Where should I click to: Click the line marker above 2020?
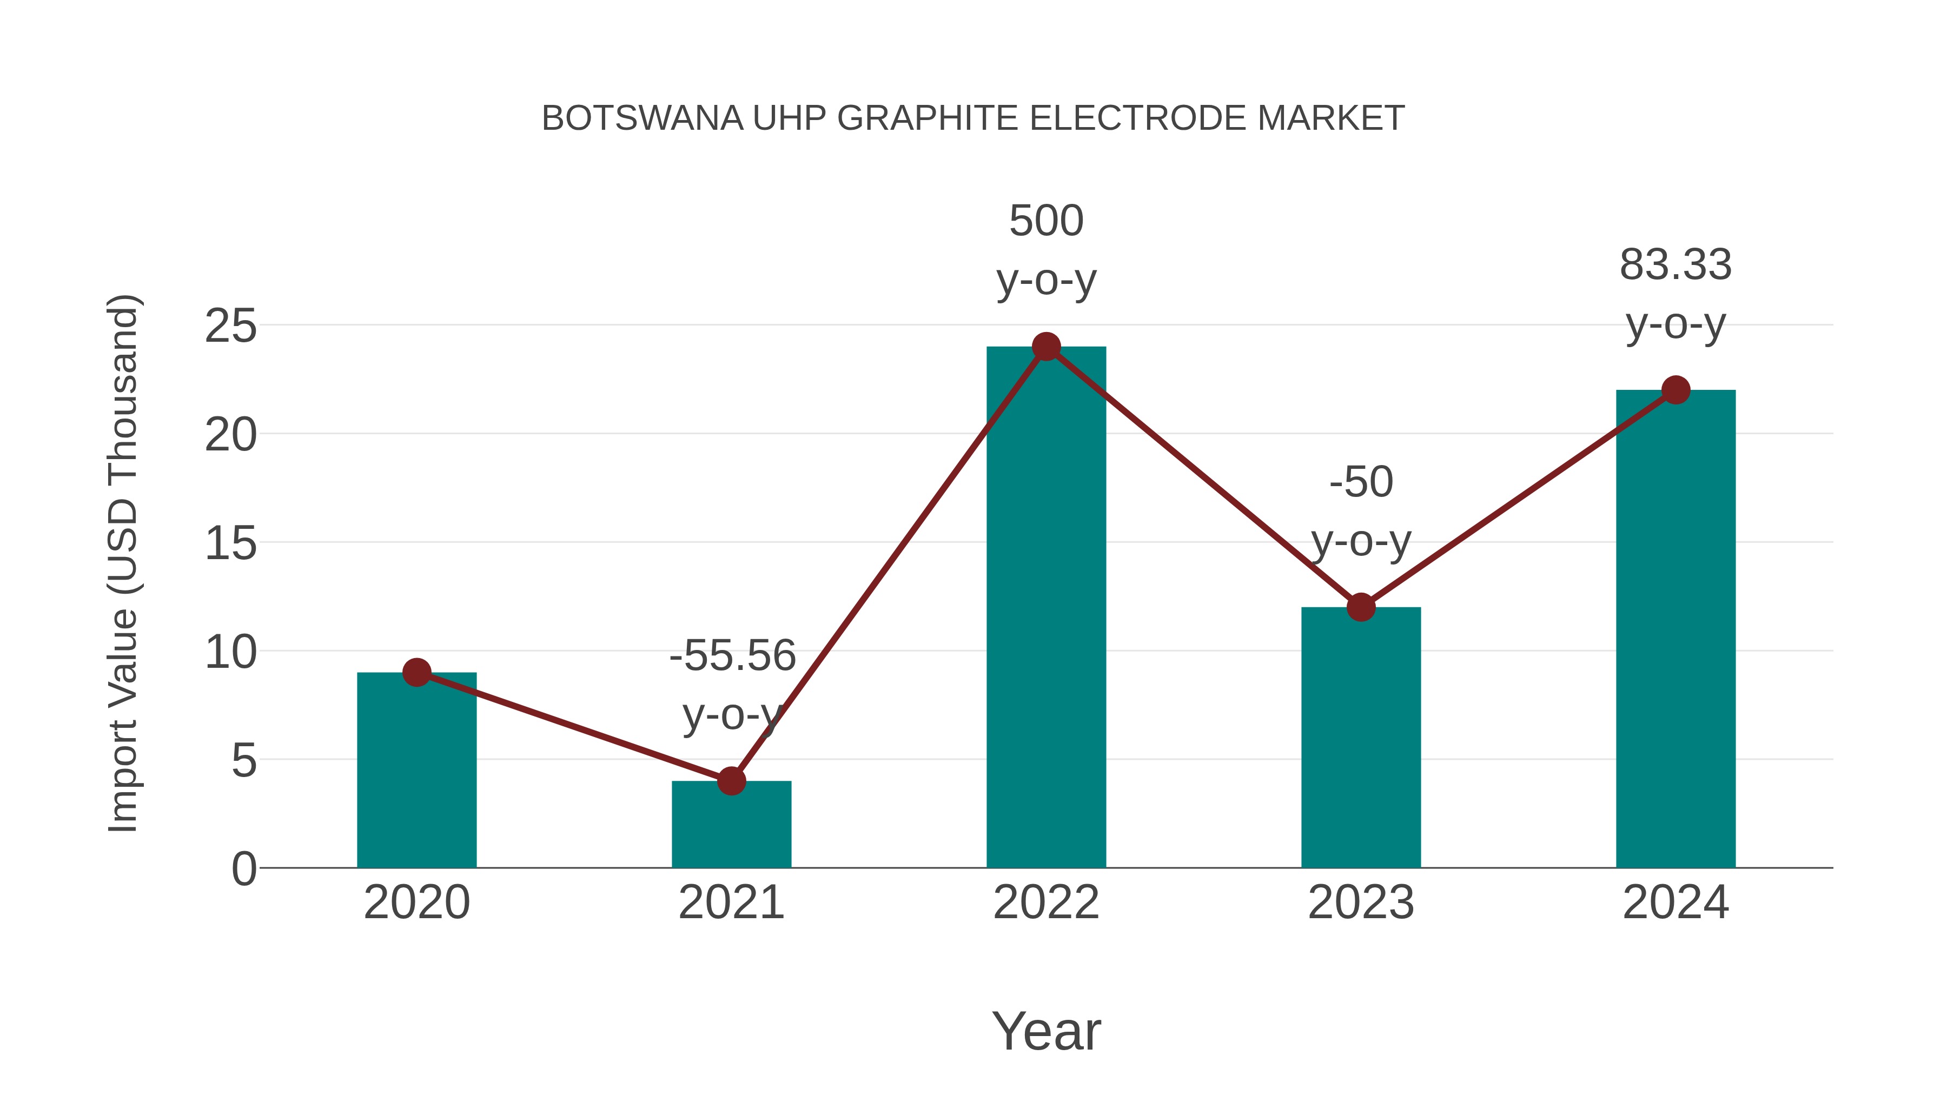tap(416, 672)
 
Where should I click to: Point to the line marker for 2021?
tap(731, 781)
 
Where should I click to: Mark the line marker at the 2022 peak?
tap(1046, 347)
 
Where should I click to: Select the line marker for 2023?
tap(1361, 607)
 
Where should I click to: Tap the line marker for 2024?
tap(1676, 390)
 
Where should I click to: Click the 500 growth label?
tap(1046, 221)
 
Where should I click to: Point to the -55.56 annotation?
tap(732, 655)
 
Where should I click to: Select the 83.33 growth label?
tap(1676, 266)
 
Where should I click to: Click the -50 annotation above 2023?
tap(1361, 482)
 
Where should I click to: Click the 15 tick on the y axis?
tap(230, 543)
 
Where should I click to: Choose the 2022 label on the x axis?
tap(1046, 902)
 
